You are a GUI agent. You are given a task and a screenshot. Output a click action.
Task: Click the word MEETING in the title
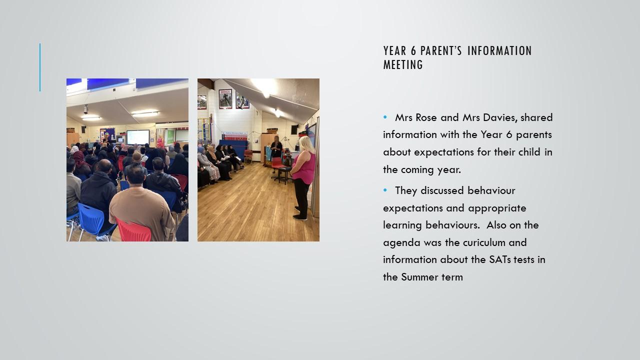[403, 64]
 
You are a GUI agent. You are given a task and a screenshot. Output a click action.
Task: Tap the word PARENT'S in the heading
[441, 51]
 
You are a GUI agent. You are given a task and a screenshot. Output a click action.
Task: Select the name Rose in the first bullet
[426, 117]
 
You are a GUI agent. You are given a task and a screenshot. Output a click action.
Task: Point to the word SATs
[499, 259]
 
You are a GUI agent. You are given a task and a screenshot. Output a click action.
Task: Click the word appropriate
[497, 208]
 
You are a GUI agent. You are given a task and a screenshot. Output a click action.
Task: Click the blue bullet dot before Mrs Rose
[385, 117]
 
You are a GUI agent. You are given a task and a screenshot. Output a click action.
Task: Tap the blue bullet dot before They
[385, 189]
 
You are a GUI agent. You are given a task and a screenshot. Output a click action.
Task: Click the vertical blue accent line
[40, 67]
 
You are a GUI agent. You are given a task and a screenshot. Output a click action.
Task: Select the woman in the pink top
[303, 177]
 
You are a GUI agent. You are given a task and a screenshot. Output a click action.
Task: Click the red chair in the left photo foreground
[133, 230]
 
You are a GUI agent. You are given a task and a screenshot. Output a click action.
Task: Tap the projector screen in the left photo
[138, 137]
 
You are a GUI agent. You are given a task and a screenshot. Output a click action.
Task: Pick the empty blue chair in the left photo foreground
[91, 219]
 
